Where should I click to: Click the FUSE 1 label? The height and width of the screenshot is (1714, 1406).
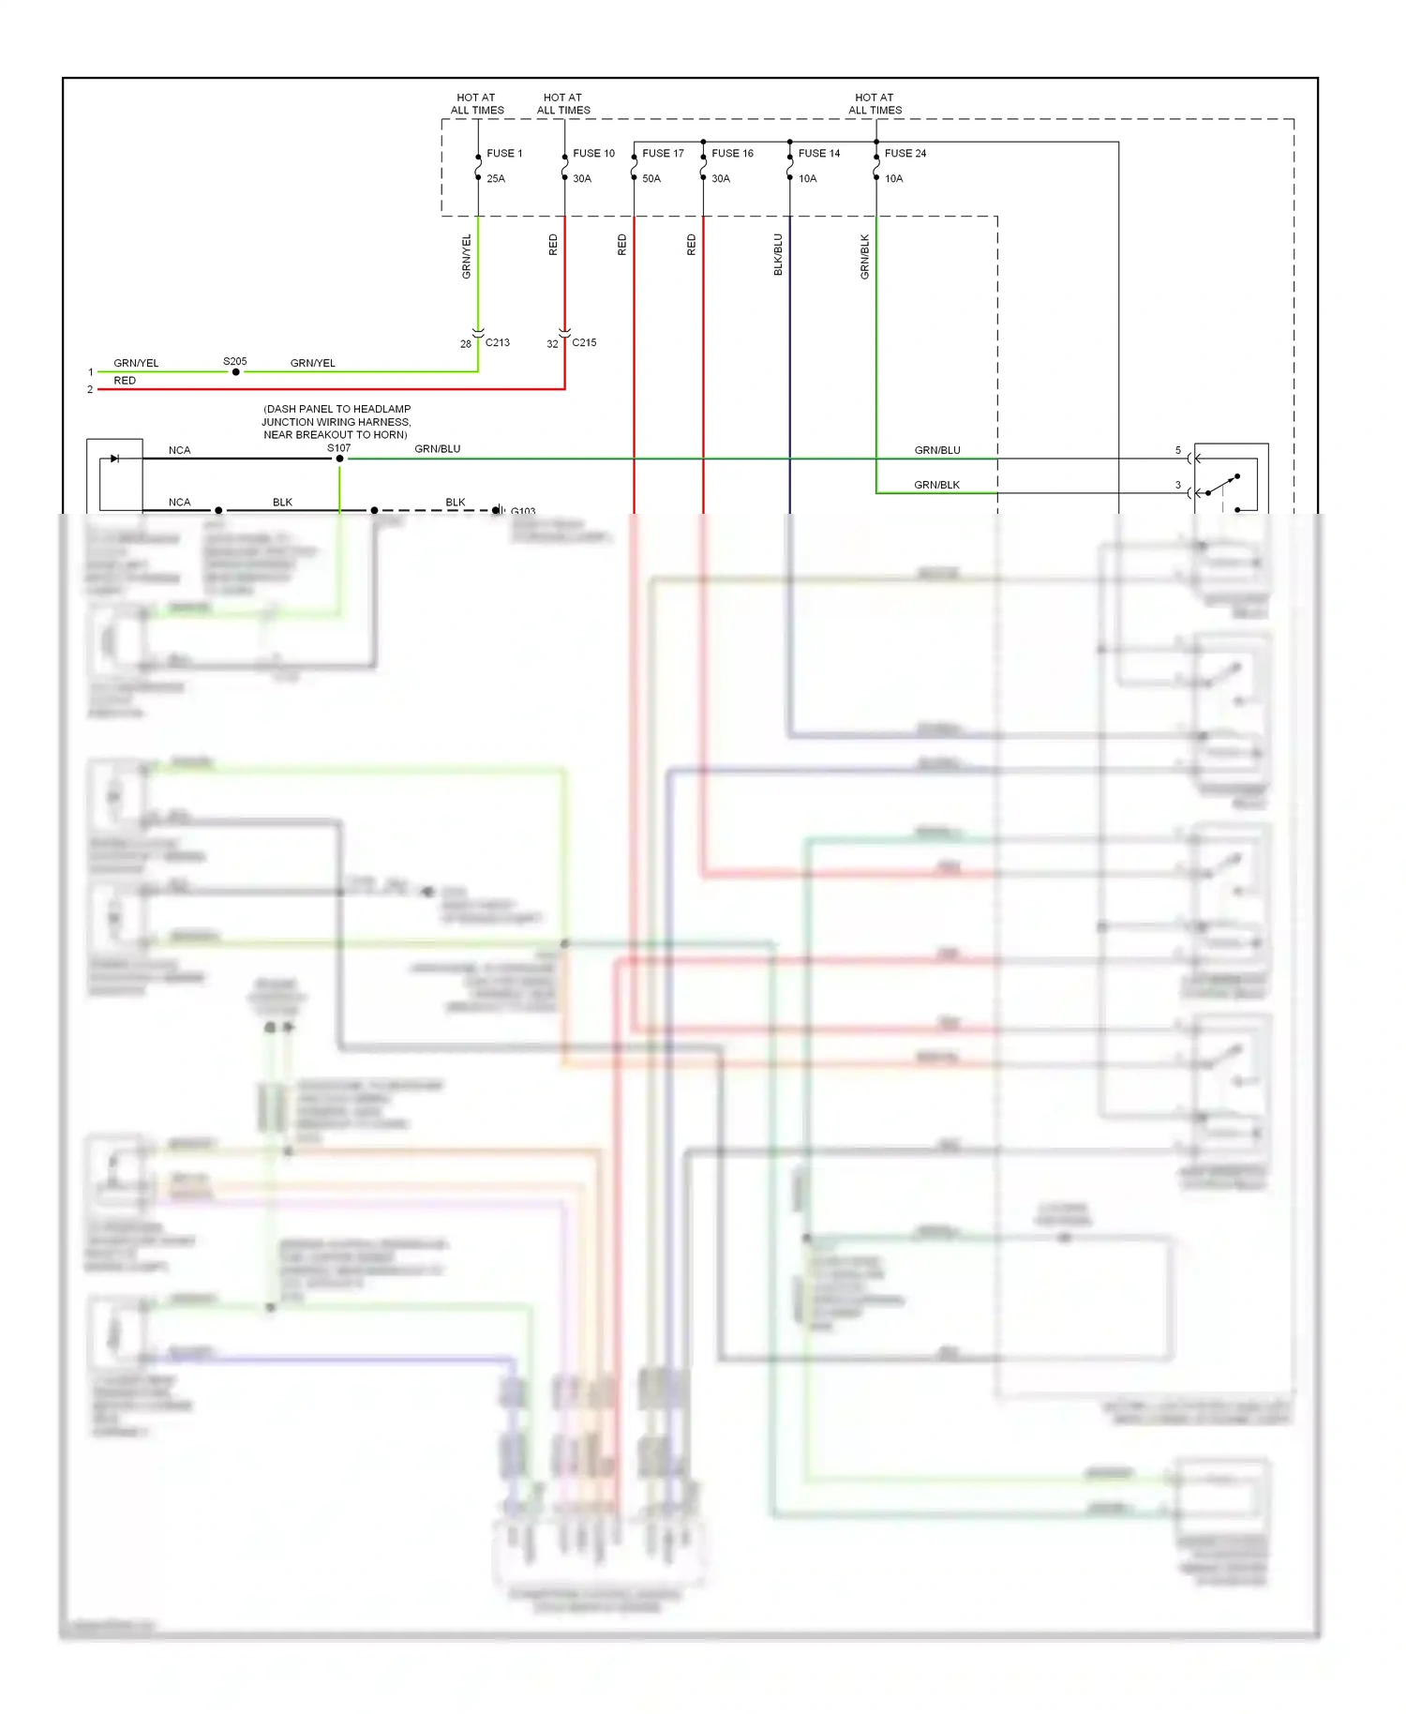tap(504, 153)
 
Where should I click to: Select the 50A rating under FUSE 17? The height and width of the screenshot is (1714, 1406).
tap(651, 178)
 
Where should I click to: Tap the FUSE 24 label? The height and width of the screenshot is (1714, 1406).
tap(905, 153)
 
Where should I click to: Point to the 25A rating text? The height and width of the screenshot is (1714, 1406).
tap(496, 178)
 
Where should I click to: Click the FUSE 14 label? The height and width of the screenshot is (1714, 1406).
tap(819, 153)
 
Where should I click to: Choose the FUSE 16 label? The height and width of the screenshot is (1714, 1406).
tap(732, 153)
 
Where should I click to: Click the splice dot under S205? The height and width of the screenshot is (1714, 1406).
tap(235, 372)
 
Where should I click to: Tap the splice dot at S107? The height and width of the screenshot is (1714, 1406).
tap(339, 459)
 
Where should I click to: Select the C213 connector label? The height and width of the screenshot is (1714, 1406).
tap(498, 342)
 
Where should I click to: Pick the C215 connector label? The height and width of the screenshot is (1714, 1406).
tap(584, 342)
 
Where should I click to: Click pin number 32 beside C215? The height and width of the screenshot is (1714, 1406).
tap(552, 344)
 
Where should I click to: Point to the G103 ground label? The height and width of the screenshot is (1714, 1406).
tap(523, 511)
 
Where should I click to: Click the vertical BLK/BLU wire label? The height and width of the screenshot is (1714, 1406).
tap(778, 254)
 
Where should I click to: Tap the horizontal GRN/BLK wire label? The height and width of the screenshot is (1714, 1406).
tap(936, 485)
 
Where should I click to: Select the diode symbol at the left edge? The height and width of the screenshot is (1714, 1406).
tap(114, 459)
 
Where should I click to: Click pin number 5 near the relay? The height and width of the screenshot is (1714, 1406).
tap(1178, 450)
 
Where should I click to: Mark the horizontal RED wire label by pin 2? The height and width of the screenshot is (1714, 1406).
tap(125, 381)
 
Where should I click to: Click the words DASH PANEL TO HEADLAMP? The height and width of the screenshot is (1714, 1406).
tap(337, 409)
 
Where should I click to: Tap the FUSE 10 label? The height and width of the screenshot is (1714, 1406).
tap(593, 153)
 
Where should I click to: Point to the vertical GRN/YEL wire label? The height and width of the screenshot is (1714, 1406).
tap(467, 256)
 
